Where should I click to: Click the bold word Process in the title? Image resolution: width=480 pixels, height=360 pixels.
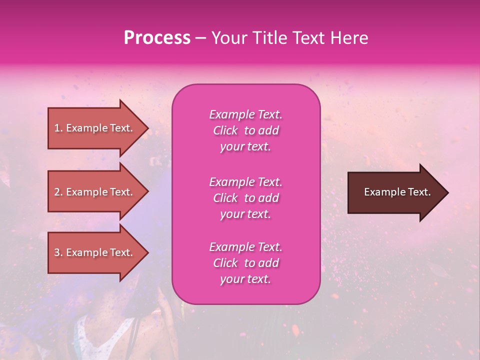point(157,38)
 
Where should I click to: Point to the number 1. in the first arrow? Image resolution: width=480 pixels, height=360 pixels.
point(58,128)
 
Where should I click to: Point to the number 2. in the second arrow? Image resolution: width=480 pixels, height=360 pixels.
point(58,192)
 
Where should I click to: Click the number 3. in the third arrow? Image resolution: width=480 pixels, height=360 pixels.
point(58,252)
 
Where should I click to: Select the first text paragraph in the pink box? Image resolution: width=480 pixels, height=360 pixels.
point(245,130)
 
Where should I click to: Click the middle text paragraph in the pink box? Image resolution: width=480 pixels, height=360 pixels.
point(245,198)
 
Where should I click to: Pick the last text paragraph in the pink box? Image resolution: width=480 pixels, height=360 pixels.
point(245,263)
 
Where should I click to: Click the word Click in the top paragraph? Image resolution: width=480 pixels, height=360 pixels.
point(225,130)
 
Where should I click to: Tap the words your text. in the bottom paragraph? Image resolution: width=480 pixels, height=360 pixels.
point(245,279)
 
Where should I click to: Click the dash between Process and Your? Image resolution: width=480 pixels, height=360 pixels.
point(201,38)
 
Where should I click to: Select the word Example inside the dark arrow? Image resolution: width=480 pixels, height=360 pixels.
point(382,192)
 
